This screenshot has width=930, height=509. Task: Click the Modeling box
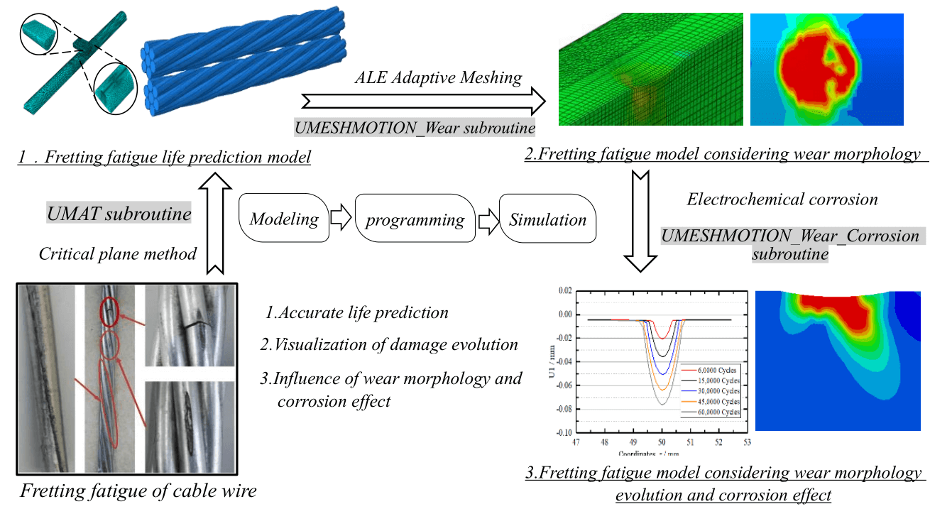pyautogui.click(x=284, y=219)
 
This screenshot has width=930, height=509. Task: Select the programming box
pyautogui.click(x=415, y=219)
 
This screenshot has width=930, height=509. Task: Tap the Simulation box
pyautogui.click(x=547, y=219)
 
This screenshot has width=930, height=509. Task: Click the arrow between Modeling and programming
pyautogui.click(x=341, y=219)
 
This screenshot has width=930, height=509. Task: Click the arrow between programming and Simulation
pyautogui.click(x=488, y=219)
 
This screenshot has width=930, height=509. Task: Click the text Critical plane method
pyautogui.click(x=117, y=253)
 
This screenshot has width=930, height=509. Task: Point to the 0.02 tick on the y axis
pyautogui.click(x=565, y=291)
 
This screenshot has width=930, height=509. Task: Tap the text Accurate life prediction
pyautogui.click(x=357, y=312)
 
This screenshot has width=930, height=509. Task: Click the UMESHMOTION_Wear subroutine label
pyautogui.click(x=415, y=127)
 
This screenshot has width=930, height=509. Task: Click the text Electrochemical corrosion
pyautogui.click(x=782, y=199)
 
